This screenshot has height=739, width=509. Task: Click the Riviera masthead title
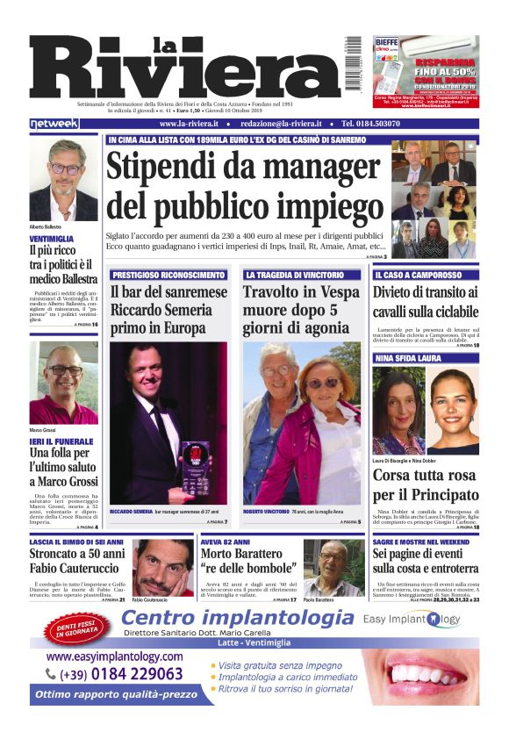pyautogui.click(x=184, y=70)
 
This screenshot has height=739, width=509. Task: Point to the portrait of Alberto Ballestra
pyautogui.click(x=63, y=180)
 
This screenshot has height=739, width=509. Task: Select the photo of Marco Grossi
pyautogui.click(x=63, y=382)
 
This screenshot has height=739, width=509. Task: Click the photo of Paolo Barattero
pyautogui.click(x=332, y=567)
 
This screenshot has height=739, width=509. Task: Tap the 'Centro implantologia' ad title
pyautogui.click(x=237, y=619)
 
